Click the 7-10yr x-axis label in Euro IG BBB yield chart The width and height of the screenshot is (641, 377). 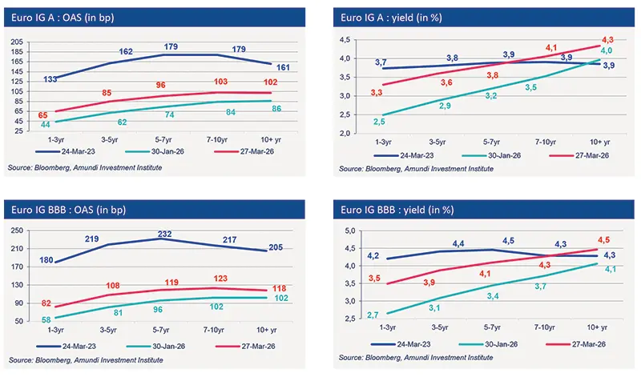[x=546, y=327]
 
